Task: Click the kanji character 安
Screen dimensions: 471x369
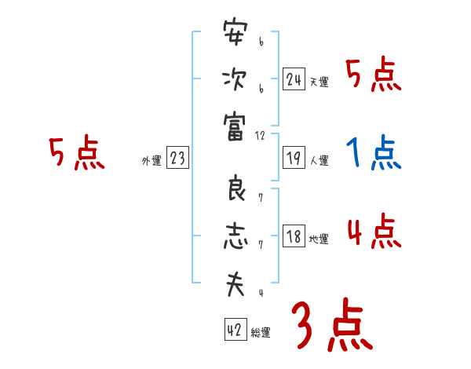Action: tap(235, 35)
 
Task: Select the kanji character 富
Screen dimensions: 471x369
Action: tap(235, 123)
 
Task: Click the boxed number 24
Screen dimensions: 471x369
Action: tap(294, 79)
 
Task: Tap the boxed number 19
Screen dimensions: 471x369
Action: tap(294, 159)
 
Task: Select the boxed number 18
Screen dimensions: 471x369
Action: tap(294, 237)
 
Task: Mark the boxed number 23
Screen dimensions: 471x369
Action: tap(177, 159)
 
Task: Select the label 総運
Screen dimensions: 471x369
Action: tap(261, 332)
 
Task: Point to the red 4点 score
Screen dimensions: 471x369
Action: tap(374, 232)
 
